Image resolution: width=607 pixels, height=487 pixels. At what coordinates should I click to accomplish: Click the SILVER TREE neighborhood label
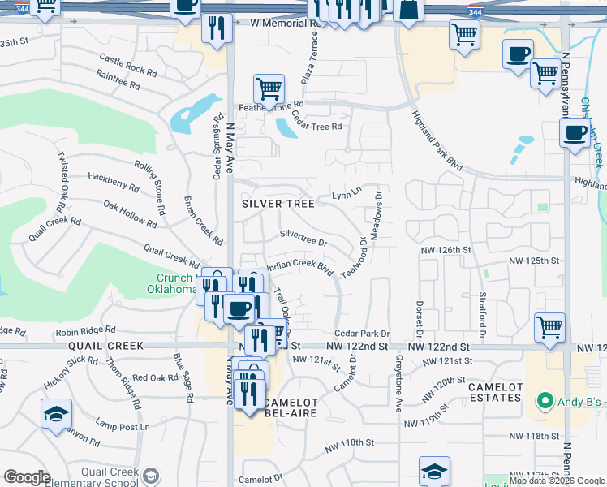pyautogui.click(x=278, y=204)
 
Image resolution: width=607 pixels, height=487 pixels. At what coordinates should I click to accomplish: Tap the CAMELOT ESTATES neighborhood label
pyautogui.click(x=495, y=392)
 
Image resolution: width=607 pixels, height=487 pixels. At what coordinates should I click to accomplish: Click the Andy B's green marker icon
pyautogui.click(x=543, y=401)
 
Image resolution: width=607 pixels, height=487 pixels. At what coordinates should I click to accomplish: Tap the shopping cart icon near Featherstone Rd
pyautogui.click(x=269, y=88)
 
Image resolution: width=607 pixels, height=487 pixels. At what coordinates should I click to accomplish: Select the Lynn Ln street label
pyautogui.click(x=346, y=196)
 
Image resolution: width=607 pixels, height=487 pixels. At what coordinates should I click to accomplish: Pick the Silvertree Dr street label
pyautogui.click(x=303, y=238)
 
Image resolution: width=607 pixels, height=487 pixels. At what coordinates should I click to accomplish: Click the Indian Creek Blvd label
pyautogui.click(x=300, y=266)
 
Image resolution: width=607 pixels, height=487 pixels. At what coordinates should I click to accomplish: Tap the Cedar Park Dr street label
pyautogui.click(x=362, y=334)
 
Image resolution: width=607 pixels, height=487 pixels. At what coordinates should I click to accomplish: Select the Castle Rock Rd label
pyautogui.click(x=127, y=64)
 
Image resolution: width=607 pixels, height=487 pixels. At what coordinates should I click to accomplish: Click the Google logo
pyautogui.click(x=27, y=477)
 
